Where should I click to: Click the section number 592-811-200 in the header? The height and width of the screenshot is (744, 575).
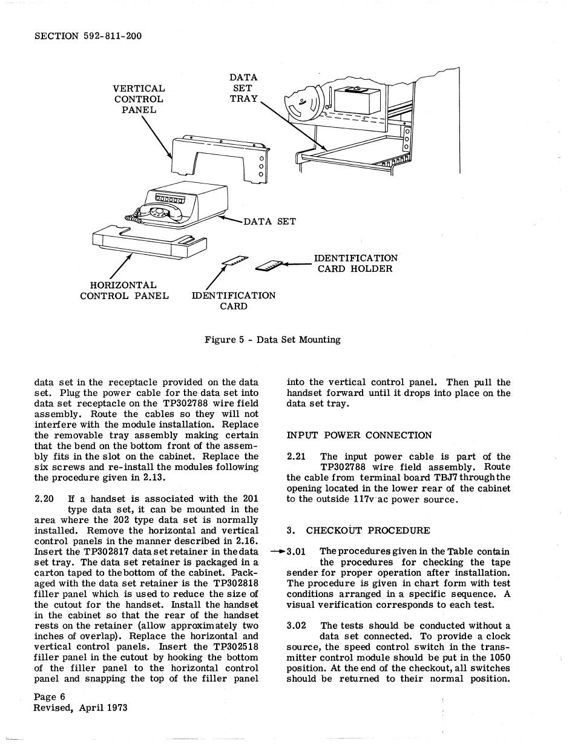112,36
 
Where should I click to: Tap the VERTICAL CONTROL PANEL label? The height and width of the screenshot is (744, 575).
139,99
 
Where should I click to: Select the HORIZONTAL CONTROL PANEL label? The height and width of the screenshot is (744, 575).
124,291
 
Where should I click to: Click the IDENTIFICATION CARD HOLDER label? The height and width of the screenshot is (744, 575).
355,263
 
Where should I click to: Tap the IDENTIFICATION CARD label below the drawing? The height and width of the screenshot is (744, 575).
233,301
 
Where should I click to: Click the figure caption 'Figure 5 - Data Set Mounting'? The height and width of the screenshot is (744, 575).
272,340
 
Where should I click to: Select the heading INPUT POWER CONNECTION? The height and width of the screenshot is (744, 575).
359,435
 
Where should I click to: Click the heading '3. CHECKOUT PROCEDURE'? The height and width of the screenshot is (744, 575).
358,531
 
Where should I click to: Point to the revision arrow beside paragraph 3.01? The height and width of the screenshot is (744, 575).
278,551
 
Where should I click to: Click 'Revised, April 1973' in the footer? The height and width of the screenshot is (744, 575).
80,708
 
